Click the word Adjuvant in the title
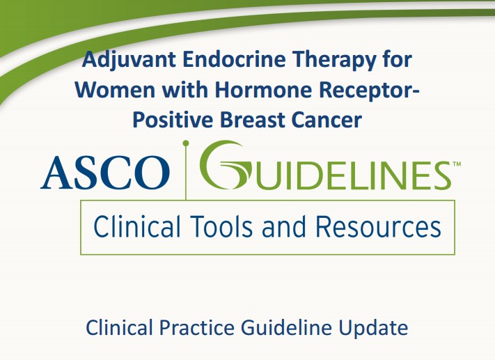[129, 61]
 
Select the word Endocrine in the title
[234, 59]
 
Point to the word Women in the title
[115, 90]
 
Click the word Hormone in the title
[263, 90]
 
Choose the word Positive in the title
[173, 120]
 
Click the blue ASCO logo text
[105, 173]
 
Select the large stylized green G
[226, 165]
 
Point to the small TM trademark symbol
[457, 164]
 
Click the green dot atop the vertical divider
[186, 143]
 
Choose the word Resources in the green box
[378, 226]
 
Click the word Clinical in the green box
[137, 226]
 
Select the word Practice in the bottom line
[196, 327]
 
